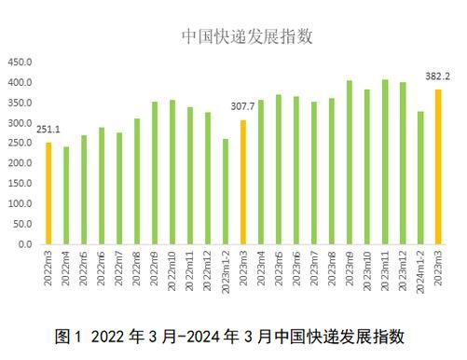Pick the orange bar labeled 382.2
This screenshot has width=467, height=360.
[438, 167]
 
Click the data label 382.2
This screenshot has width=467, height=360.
[438, 77]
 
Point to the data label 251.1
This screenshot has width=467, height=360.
[48, 129]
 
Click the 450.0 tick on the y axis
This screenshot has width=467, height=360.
[20, 62]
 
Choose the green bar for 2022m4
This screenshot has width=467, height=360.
[66, 195]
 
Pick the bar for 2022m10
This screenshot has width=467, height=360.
[172, 172]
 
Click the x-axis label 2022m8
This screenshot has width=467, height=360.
[137, 270]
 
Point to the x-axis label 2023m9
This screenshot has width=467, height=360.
[350, 270]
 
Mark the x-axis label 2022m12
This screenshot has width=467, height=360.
[208, 271]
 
